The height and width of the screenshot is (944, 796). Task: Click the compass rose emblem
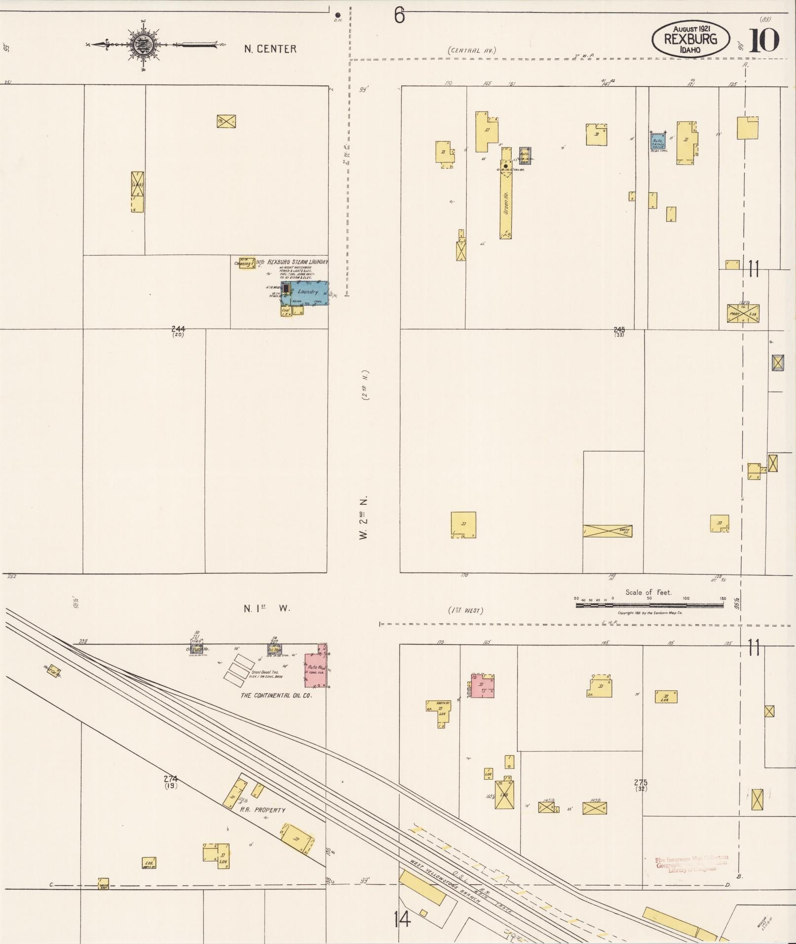point(144,45)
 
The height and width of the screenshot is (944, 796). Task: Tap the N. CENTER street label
point(270,49)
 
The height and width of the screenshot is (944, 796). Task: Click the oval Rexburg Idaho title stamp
point(690,38)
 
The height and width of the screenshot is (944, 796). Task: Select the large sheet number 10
point(764,40)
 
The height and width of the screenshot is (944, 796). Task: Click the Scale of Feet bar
point(649,605)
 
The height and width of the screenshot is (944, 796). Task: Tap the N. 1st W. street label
point(267,608)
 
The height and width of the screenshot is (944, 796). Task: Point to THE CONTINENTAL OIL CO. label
point(276,695)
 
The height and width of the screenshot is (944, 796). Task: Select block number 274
point(171,779)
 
